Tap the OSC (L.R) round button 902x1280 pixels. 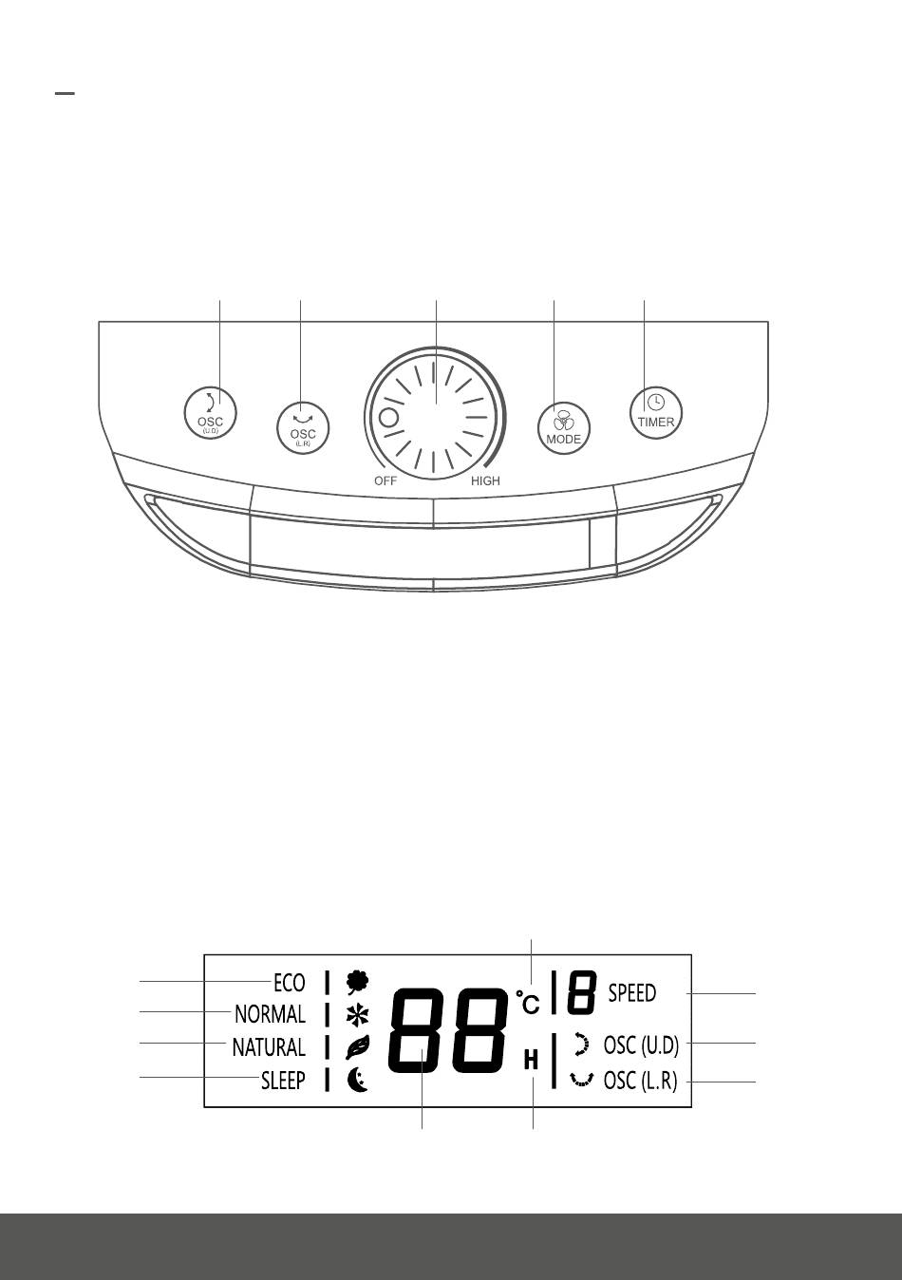click(303, 429)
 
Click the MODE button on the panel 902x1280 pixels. click(563, 428)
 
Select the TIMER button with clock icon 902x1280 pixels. click(656, 412)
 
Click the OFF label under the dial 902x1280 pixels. click(385, 480)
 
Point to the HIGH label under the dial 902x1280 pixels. click(485, 480)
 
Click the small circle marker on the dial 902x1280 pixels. click(389, 419)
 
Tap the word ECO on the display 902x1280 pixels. click(289, 983)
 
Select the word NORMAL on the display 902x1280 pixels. click(270, 1014)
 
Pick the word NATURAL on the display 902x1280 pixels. click(269, 1047)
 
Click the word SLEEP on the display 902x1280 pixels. click(283, 1081)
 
